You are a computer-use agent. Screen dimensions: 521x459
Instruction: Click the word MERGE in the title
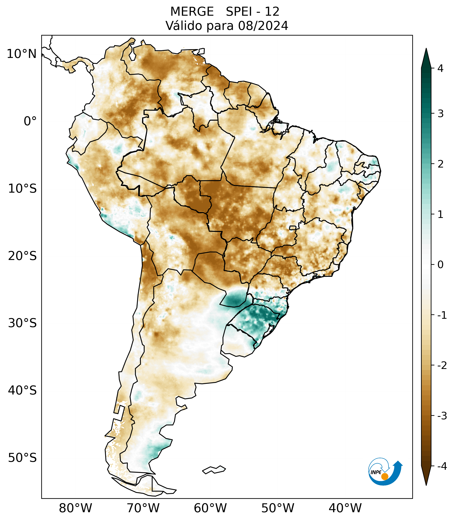pyautogui.click(x=192, y=12)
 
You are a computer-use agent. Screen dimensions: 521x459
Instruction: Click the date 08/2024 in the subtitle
pyautogui.click(x=263, y=26)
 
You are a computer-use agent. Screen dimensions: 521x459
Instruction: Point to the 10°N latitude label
pyautogui.click(x=22, y=54)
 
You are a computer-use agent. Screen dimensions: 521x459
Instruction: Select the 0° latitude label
pyautogui.click(x=30, y=121)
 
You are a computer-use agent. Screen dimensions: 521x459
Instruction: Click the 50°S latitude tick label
pyautogui.click(x=22, y=458)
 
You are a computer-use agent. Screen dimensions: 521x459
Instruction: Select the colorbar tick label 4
pyautogui.click(x=440, y=68)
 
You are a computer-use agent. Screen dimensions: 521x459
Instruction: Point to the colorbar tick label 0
pyautogui.click(x=440, y=265)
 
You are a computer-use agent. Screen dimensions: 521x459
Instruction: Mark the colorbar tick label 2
pyautogui.click(x=440, y=164)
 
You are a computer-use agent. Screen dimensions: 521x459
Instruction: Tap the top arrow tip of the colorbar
pyautogui.click(x=426, y=49)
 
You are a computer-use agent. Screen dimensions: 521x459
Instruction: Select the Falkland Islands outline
pyautogui.click(x=214, y=470)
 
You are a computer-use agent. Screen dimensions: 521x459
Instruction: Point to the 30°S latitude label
pyautogui.click(x=22, y=323)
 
